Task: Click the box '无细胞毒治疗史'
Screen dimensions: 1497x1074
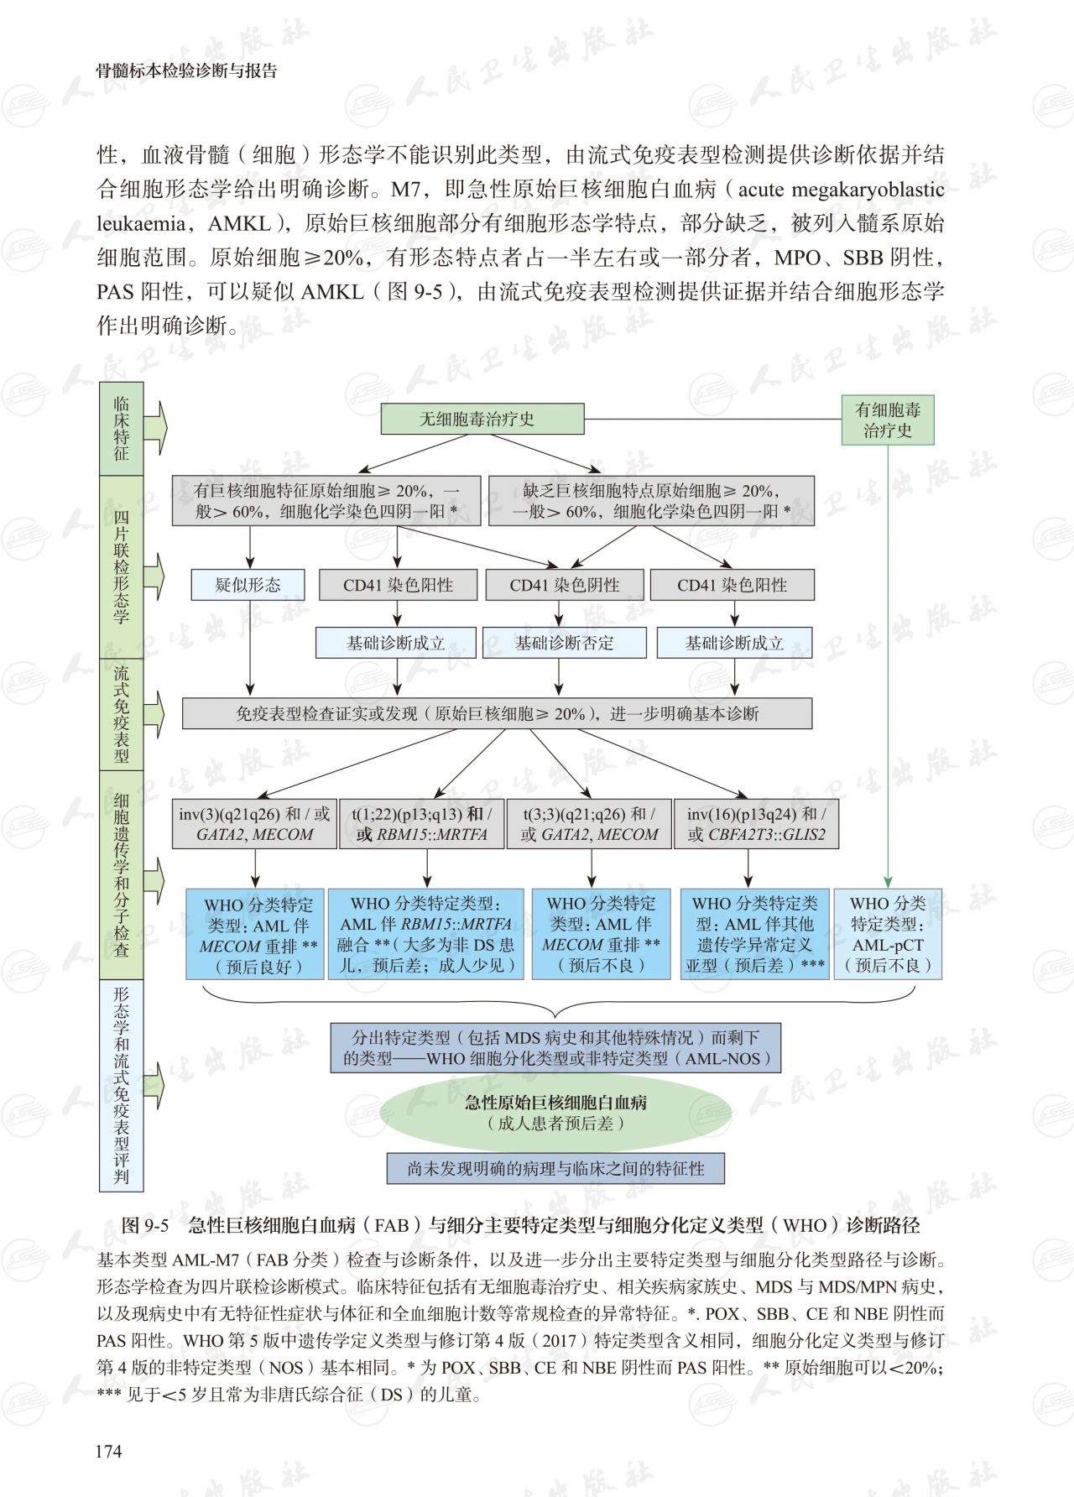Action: pos(482,419)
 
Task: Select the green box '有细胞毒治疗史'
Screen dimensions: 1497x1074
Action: pos(887,420)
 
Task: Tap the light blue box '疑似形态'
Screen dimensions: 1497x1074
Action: pos(248,585)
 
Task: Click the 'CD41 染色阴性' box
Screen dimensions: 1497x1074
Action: pos(564,586)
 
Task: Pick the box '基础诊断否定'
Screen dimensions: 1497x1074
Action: pos(564,644)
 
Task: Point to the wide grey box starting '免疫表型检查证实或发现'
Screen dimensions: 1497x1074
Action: pos(497,713)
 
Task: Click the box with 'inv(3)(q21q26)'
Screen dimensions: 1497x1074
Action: pos(253,824)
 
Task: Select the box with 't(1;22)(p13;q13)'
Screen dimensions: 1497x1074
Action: pos(421,824)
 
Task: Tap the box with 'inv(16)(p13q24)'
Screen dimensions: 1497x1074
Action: pos(755,824)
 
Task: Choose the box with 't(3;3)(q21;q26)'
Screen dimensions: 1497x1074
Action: pos(589,824)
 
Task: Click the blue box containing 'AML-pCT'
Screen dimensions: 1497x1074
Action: pos(888,934)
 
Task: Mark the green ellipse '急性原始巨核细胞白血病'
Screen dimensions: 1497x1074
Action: pos(555,1113)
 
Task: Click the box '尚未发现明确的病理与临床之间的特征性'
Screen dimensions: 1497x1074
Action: pos(555,1168)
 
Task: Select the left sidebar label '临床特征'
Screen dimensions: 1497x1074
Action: pos(122,429)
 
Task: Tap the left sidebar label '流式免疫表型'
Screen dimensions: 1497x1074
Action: pos(122,714)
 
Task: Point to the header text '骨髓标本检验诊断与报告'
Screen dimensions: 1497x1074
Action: pos(186,71)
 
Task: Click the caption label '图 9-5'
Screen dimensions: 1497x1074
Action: pos(145,1225)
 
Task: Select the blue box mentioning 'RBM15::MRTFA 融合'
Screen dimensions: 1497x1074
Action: pos(425,934)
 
